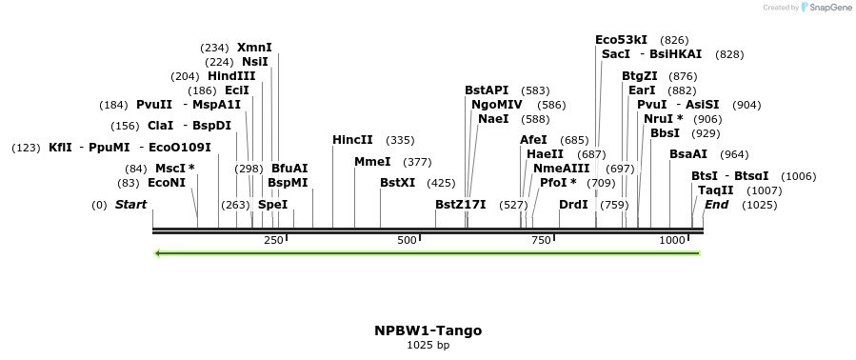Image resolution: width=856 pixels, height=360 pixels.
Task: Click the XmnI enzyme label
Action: pyautogui.click(x=254, y=47)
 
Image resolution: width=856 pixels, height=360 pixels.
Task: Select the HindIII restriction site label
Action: pyautogui.click(x=231, y=76)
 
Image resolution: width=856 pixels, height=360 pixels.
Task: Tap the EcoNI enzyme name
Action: pyautogui.click(x=167, y=182)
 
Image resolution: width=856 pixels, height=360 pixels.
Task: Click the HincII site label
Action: pyautogui.click(x=352, y=140)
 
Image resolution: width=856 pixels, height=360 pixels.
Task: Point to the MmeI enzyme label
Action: pyautogui.click(x=372, y=162)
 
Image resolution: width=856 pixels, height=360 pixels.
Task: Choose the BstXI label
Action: pyautogui.click(x=398, y=182)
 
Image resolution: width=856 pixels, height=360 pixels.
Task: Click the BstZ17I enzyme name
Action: pyautogui.click(x=460, y=204)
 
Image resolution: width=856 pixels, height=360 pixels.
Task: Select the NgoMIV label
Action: pyautogui.click(x=496, y=105)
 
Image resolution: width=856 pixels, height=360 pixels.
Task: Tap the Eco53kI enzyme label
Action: pyautogui.click(x=621, y=40)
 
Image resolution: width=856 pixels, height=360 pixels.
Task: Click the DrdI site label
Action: pyautogui.click(x=573, y=204)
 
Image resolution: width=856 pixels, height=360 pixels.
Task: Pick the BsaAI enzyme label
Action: pyautogui.click(x=688, y=153)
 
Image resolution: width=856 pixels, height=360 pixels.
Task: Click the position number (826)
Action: pyautogui.click(x=674, y=40)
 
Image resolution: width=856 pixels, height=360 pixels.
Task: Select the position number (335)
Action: pyautogui.click(x=400, y=140)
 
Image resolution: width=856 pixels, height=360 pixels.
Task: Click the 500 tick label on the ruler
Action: pyautogui.click(x=408, y=240)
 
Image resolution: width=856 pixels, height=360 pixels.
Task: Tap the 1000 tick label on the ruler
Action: pyautogui.click(x=672, y=240)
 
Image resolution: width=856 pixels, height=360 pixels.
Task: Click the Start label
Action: pyautogui.click(x=130, y=205)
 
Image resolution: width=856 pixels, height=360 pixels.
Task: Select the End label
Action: pyautogui.click(x=717, y=204)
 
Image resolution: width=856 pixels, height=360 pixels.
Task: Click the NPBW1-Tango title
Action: pyautogui.click(x=428, y=330)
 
